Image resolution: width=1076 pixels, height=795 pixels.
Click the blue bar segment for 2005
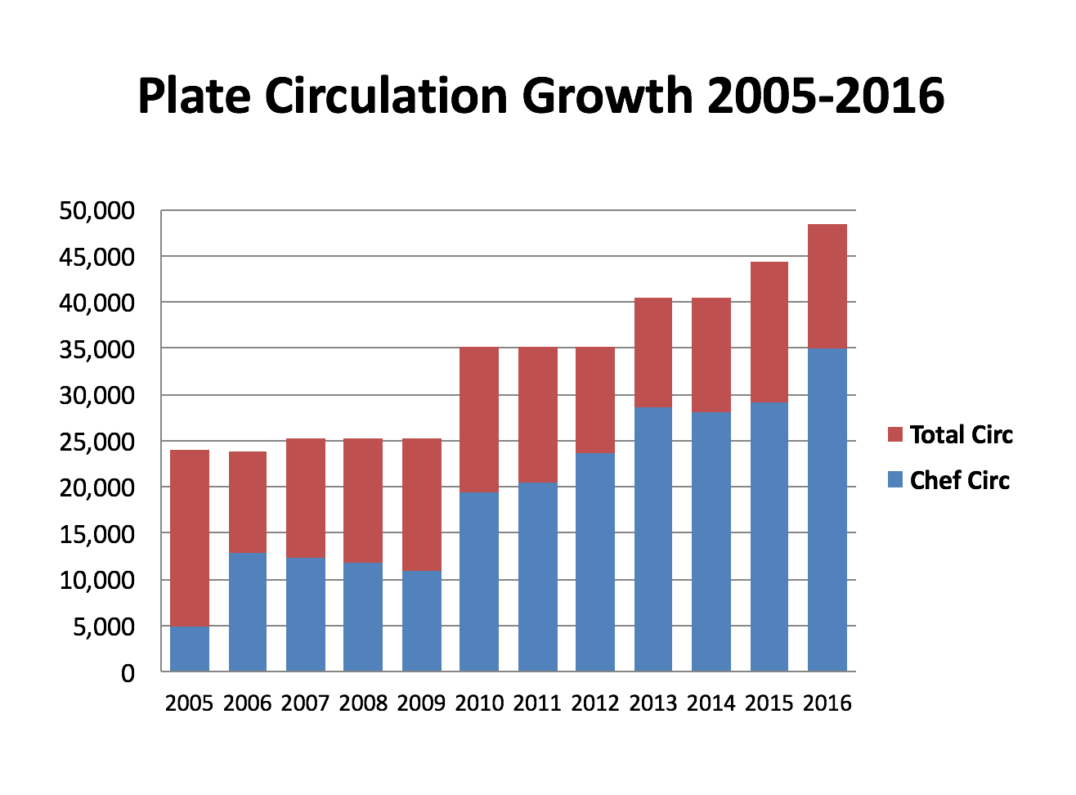(x=189, y=649)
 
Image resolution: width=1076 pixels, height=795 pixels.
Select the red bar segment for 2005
(x=189, y=538)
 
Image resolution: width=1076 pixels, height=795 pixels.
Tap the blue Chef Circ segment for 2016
(x=827, y=510)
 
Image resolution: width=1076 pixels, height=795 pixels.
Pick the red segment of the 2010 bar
(x=479, y=420)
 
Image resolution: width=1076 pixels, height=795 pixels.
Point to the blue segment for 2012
(x=595, y=562)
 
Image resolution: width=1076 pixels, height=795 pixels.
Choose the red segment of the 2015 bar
(x=769, y=332)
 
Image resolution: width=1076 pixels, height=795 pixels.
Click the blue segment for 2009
(x=422, y=621)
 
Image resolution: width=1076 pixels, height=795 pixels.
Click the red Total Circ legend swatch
(x=894, y=434)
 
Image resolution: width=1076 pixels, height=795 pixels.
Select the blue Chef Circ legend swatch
(x=894, y=480)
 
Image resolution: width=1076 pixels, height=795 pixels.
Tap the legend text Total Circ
(x=961, y=434)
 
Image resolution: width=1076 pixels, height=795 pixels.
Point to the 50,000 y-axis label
(x=96, y=211)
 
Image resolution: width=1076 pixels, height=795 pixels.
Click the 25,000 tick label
(x=96, y=442)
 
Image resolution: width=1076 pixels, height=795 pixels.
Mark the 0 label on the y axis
(x=127, y=674)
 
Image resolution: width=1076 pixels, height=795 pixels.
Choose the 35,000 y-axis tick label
(x=96, y=350)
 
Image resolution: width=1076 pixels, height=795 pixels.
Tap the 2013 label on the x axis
(x=653, y=703)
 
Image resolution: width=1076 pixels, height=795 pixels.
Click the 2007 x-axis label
(x=305, y=703)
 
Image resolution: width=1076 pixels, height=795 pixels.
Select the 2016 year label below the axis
(x=827, y=703)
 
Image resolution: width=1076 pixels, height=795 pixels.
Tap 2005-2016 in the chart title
(x=826, y=97)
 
